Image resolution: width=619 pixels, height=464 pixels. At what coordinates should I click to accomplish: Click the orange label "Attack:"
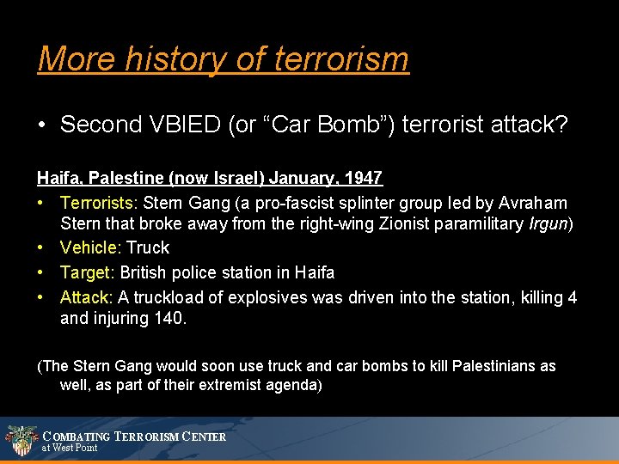click(86, 297)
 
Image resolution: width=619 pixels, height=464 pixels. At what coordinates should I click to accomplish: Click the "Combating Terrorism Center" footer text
click(134, 437)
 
